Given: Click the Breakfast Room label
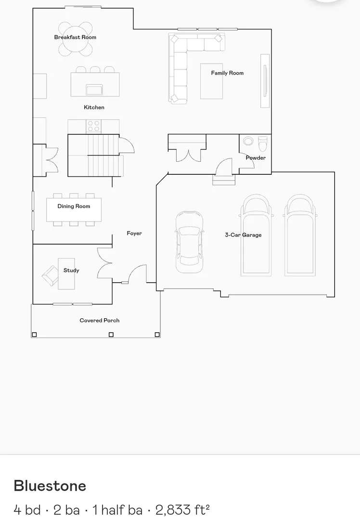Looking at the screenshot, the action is tap(75, 37).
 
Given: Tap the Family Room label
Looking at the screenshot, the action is tap(227, 73).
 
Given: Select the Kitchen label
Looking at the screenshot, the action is tap(94, 107).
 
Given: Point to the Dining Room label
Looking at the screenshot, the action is tap(74, 206).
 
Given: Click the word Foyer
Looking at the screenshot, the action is tap(134, 234).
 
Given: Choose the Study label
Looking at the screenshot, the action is tap(71, 270).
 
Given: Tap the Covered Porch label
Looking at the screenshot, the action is tap(100, 320).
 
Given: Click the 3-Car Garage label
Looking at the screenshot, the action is tap(244, 235).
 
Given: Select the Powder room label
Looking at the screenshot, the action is tap(256, 157).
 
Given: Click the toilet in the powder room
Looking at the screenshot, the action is tap(263, 143).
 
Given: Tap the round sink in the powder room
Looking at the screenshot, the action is tap(248, 141).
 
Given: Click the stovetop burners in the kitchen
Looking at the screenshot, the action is tap(93, 126).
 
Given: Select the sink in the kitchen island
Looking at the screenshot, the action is tap(94, 90).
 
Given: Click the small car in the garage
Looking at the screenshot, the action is tap(189, 242).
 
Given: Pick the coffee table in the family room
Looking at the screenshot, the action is tap(211, 81).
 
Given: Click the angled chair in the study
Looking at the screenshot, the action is tap(50, 275).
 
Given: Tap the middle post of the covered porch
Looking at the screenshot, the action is tap(111, 335).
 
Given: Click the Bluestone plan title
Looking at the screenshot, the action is tap(50, 486).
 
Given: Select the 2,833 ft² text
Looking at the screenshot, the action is tap(182, 510).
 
